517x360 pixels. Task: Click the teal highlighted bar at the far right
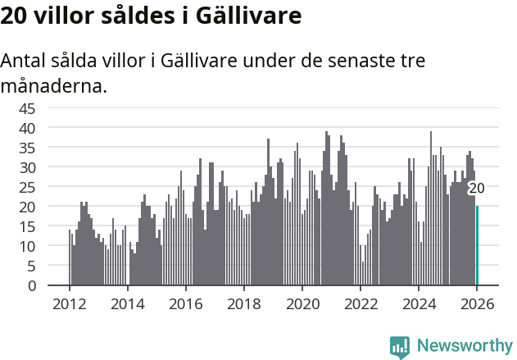click(x=478, y=246)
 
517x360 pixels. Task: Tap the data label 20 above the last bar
click(x=476, y=189)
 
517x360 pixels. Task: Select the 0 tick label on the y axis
click(x=32, y=285)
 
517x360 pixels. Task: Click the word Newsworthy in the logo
click(x=464, y=346)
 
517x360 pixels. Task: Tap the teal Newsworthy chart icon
click(x=400, y=347)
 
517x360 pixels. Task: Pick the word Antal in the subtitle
click(x=25, y=62)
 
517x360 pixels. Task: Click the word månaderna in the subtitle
click(x=54, y=84)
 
